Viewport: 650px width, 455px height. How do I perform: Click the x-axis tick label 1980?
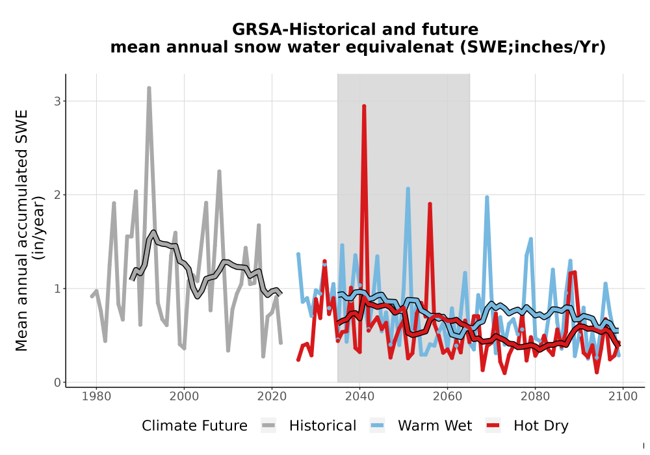point(96,396)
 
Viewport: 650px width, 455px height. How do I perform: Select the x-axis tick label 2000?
point(184,396)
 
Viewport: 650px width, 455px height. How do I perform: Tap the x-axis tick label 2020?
point(272,396)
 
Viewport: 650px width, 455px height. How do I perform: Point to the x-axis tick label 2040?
point(359,396)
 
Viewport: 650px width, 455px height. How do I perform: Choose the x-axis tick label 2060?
point(447,396)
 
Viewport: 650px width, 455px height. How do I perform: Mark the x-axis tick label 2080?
point(535,396)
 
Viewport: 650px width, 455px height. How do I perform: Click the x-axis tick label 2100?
point(623,396)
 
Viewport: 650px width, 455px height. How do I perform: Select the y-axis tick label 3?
point(57,101)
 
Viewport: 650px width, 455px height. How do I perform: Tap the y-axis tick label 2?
point(57,195)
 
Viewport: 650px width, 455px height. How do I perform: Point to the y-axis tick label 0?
point(57,382)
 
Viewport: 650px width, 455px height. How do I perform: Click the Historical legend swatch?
point(268,426)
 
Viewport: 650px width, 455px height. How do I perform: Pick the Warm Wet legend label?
point(435,426)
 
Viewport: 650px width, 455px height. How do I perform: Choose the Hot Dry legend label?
point(541,426)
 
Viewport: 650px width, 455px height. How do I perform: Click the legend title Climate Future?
point(194,426)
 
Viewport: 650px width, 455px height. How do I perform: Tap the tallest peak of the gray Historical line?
point(149,88)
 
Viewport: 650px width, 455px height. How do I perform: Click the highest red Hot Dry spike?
point(364,106)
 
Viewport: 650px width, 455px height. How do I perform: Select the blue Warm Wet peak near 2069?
point(487,198)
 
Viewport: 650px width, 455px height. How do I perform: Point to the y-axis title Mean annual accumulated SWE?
point(21,230)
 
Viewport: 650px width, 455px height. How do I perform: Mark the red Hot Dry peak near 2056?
point(430,204)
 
